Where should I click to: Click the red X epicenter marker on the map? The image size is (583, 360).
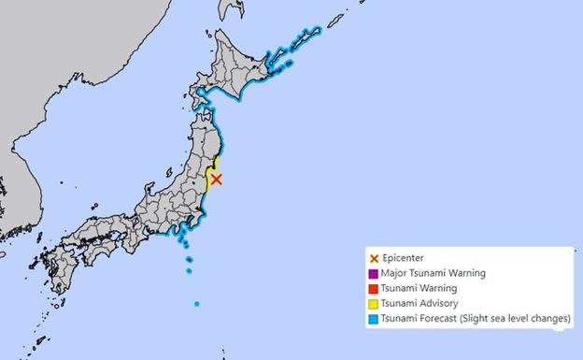point(216,179)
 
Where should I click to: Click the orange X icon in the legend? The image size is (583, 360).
point(374,258)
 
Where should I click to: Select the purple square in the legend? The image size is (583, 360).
point(374,274)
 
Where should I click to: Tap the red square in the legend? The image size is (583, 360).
point(374,289)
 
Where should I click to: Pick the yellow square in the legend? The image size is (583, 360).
point(374,304)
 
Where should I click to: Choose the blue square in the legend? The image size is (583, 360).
point(374,319)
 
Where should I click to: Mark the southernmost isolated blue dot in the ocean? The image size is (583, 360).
point(196,304)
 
